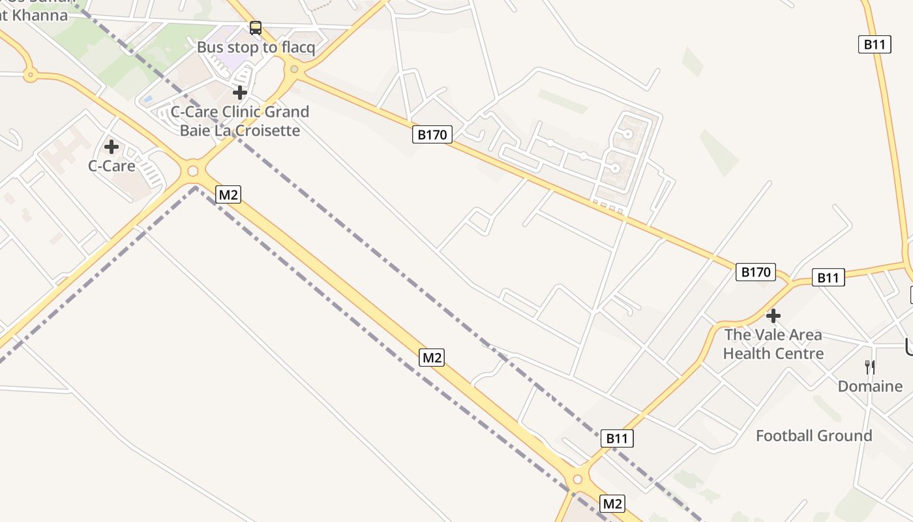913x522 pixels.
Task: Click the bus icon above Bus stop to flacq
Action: pyautogui.click(x=256, y=28)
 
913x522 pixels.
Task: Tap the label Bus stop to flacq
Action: pyautogui.click(x=256, y=48)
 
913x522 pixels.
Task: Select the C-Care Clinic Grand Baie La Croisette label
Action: pyautogui.click(x=240, y=121)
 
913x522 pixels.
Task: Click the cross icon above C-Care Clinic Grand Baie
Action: pyautogui.click(x=240, y=93)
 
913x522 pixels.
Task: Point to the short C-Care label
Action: pyautogui.click(x=112, y=166)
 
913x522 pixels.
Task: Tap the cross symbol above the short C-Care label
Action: pyautogui.click(x=112, y=146)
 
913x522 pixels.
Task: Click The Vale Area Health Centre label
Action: pyautogui.click(x=773, y=344)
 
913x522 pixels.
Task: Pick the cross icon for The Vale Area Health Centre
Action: pyautogui.click(x=773, y=316)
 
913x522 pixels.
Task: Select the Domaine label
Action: pyautogui.click(x=870, y=386)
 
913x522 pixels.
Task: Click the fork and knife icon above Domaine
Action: pyautogui.click(x=869, y=367)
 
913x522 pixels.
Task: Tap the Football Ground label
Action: pyautogui.click(x=814, y=436)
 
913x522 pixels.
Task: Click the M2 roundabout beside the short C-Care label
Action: pyautogui.click(x=192, y=172)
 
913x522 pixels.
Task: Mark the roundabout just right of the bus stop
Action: pyautogui.click(x=295, y=69)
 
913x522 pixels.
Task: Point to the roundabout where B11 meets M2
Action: pyautogui.click(x=577, y=480)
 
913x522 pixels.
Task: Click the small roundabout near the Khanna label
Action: pyautogui.click(x=29, y=75)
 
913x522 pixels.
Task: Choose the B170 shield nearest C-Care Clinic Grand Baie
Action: pyautogui.click(x=432, y=135)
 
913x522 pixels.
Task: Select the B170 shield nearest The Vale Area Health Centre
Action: pyautogui.click(x=756, y=272)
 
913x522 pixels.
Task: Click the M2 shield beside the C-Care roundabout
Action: pyautogui.click(x=228, y=194)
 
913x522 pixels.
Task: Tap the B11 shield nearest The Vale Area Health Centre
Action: pyautogui.click(x=828, y=277)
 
